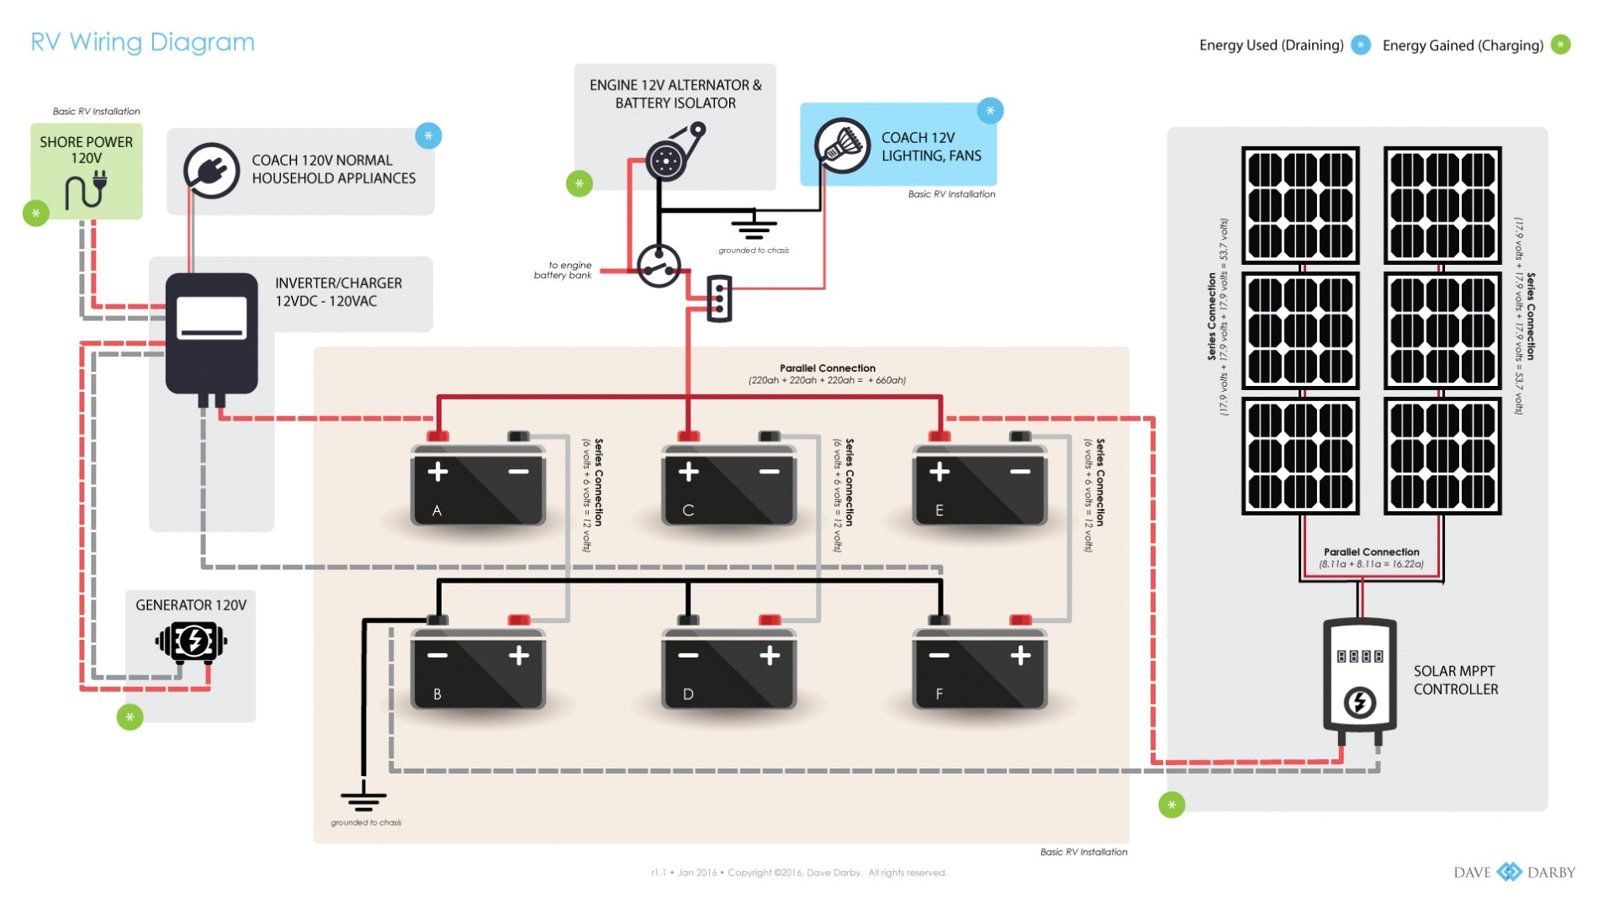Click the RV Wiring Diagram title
[x=142, y=42]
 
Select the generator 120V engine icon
[x=192, y=642]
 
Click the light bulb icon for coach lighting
[x=842, y=145]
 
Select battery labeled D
[x=728, y=668]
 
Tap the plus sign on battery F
[x=1020, y=655]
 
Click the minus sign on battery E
[x=1019, y=472]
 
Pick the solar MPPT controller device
[x=1359, y=677]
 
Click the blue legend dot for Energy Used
[x=1360, y=45]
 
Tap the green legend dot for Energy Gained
[x=1560, y=45]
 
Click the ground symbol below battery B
[x=363, y=798]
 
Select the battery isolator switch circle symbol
[x=658, y=267]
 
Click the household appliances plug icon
[x=211, y=171]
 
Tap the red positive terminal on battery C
[x=688, y=436]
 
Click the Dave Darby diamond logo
[x=1509, y=872]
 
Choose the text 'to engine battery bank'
[x=564, y=270]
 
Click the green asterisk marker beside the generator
[x=130, y=717]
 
